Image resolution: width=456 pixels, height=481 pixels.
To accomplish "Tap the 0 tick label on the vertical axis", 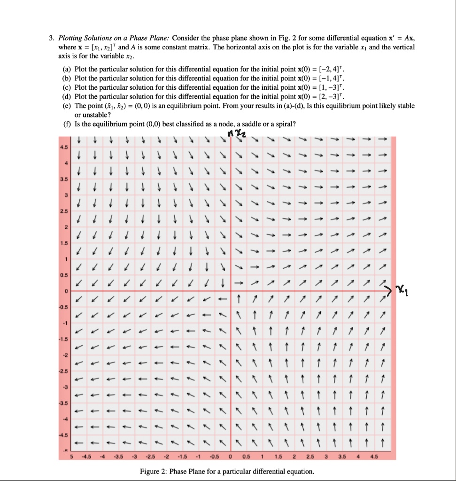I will pyautogui.click(x=66, y=292).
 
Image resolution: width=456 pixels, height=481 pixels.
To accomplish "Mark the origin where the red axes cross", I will pyautogui.click(x=231, y=292).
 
